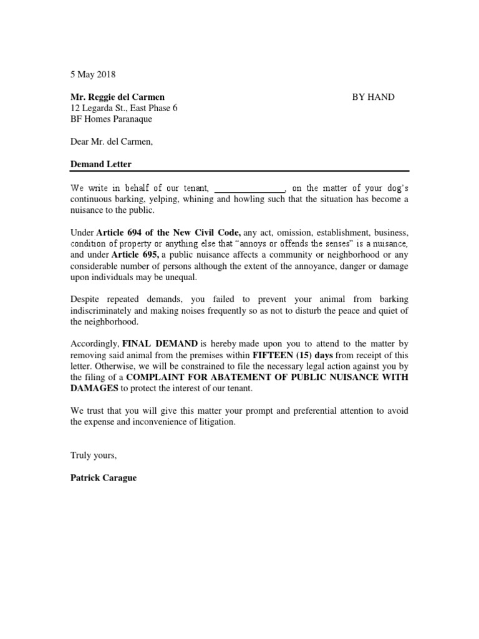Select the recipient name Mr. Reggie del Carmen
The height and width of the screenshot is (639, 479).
[x=117, y=97]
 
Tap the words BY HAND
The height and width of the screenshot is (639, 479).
[x=373, y=97]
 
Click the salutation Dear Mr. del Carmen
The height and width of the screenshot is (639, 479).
[x=111, y=142]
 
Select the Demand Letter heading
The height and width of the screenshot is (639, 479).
[x=100, y=164]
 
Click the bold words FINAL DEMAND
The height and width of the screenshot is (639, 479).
[x=160, y=344]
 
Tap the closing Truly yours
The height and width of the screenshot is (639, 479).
[x=94, y=456]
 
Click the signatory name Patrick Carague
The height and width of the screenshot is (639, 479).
[x=104, y=478]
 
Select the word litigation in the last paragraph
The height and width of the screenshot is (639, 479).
[x=215, y=422]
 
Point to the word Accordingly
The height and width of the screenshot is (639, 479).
[x=94, y=344]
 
